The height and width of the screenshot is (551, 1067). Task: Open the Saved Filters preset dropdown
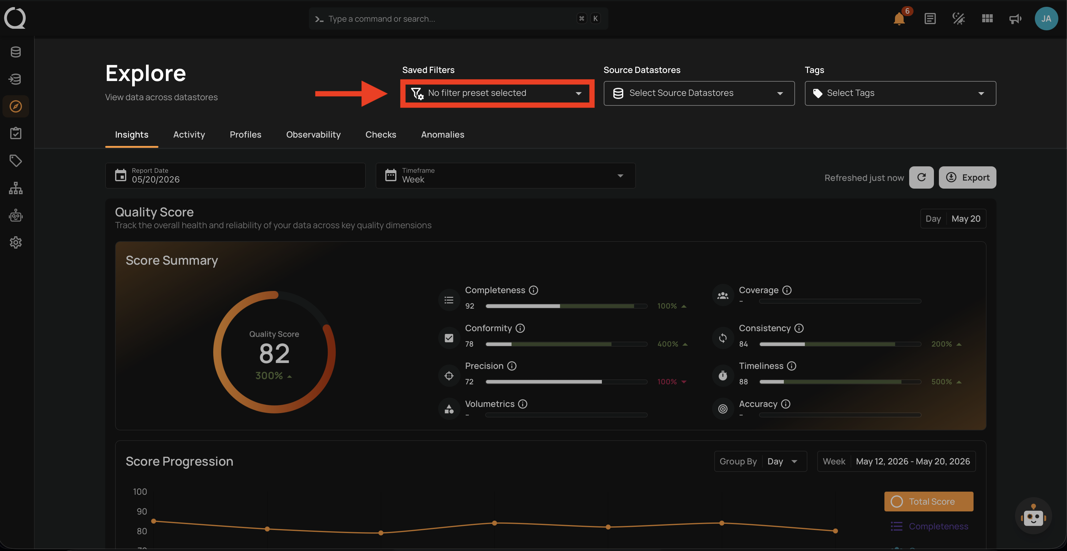coord(497,93)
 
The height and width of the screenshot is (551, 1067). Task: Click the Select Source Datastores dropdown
coord(699,93)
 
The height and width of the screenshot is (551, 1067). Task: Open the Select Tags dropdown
coord(900,93)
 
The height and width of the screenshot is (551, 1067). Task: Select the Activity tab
coord(189,135)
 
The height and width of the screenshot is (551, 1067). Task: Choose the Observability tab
coord(313,135)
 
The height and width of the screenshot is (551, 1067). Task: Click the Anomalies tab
coord(443,135)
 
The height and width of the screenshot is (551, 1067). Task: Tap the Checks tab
coord(381,135)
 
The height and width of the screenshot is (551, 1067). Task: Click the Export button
coord(967,177)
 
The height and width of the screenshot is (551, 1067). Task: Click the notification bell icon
coord(899,19)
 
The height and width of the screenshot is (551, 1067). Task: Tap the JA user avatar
coord(1046,19)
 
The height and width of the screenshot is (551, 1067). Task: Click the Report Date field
coord(235,176)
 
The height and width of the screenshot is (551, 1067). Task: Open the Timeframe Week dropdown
coord(505,176)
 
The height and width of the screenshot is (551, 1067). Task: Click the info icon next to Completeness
coord(533,290)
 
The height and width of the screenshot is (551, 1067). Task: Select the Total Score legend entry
coord(929,501)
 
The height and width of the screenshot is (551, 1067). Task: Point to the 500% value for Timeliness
coord(941,382)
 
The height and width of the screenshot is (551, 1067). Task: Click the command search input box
coord(458,19)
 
